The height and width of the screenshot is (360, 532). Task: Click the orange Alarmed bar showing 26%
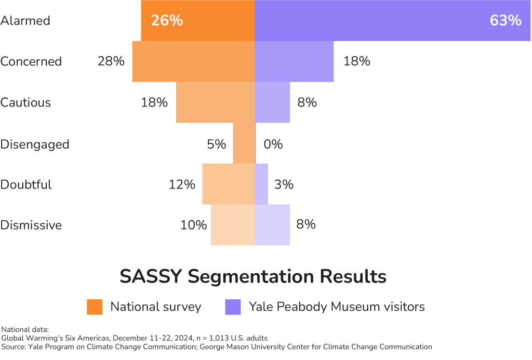click(x=197, y=21)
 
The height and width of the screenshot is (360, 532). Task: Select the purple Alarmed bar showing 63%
click(x=390, y=21)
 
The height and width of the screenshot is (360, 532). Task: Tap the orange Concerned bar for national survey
click(x=193, y=61)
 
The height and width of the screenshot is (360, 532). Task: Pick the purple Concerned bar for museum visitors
click(x=294, y=61)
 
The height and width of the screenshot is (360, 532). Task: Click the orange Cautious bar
click(x=215, y=102)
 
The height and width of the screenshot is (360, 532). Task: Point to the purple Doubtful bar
click(x=262, y=184)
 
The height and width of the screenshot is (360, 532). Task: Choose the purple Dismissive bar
click(x=272, y=225)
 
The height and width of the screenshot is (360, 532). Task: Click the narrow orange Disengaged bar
click(x=244, y=143)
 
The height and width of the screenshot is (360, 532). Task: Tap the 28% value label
click(x=111, y=61)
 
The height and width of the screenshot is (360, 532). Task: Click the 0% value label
click(x=273, y=144)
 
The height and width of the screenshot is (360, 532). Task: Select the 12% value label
click(x=182, y=184)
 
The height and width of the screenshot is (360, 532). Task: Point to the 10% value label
click(x=193, y=225)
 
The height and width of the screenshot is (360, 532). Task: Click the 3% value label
click(x=284, y=184)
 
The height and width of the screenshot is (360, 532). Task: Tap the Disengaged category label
click(x=35, y=144)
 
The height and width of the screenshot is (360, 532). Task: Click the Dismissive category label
click(x=31, y=225)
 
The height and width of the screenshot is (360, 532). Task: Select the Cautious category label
click(x=26, y=102)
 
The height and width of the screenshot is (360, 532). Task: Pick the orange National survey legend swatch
click(x=95, y=307)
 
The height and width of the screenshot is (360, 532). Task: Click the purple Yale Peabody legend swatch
click(x=233, y=307)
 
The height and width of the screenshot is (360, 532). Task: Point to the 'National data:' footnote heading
click(x=25, y=329)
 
